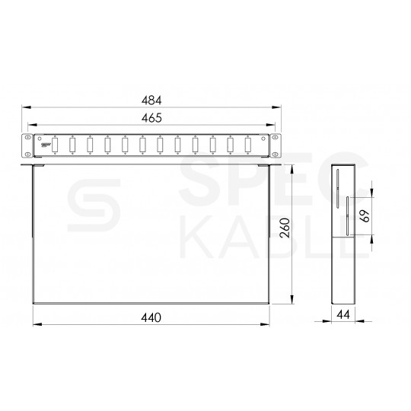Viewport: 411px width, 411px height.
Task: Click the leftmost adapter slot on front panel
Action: pyautogui.click(x=55, y=144)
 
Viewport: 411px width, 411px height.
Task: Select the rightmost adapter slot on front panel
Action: pyautogui.click(x=247, y=144)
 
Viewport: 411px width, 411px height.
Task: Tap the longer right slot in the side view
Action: pyautogui.click(x=346, y=216)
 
